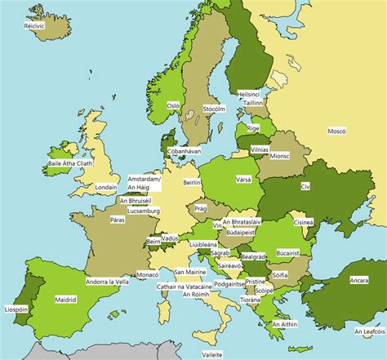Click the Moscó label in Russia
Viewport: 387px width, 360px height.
(x=336, y=131)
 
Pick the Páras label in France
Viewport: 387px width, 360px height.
(x=118, y=219)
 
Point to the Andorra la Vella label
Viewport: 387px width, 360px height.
(x=109, y=282)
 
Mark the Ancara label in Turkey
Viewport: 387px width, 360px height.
(x=358, y=280)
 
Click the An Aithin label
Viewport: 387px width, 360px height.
(x=283, y=323)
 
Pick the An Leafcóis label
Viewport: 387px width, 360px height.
(x=370, y=331)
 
